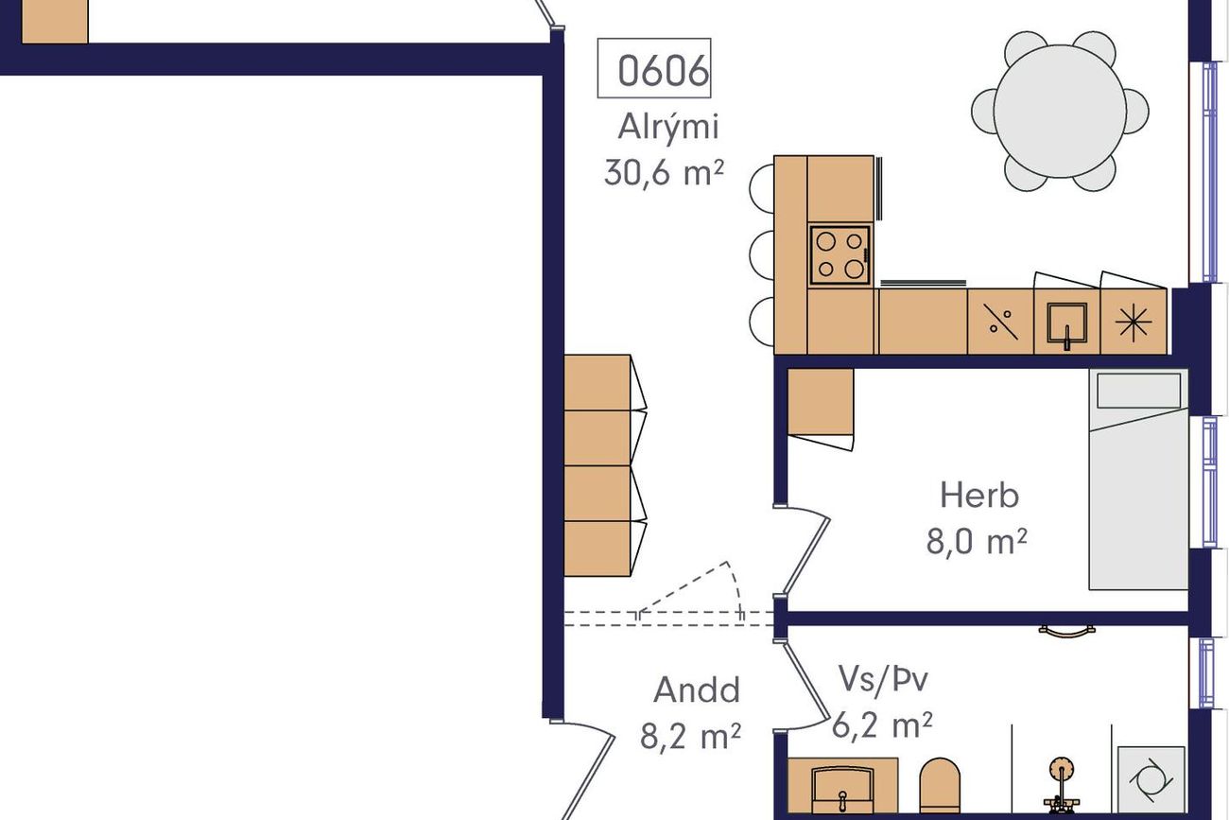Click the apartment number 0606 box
point(654,68)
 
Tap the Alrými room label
point(667,128)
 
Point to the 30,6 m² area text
point(664,172)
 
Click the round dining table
point(1060,111)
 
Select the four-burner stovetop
point(840,255)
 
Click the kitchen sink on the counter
point(1066,323)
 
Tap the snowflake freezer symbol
point(1134,322)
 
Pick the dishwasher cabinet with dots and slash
point(1000,322)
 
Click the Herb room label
point(979,495)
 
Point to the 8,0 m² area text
point(977,541)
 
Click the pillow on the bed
point(1138,391)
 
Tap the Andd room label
point(697,689)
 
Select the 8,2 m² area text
point(690,736)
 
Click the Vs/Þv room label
point(883,679)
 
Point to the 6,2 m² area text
point(882,725)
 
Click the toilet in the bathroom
point(940,785)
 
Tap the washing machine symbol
point(1151,780)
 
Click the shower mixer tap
point(1062,786)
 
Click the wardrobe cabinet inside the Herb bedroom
point(821,402)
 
